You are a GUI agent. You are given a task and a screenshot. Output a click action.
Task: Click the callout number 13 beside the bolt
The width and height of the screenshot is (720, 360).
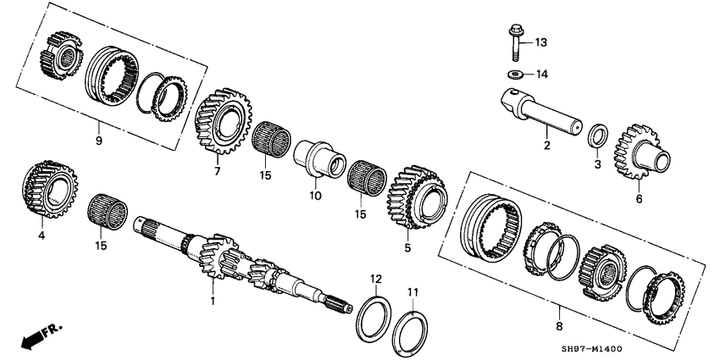542,42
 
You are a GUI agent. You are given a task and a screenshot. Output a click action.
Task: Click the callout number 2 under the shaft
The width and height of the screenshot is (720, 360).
546,146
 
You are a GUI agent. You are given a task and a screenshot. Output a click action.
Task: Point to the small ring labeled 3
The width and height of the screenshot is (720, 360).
598,136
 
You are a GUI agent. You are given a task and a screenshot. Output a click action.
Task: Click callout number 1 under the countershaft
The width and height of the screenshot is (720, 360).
213,300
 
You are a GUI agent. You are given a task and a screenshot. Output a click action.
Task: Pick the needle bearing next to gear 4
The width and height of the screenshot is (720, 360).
108,210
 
